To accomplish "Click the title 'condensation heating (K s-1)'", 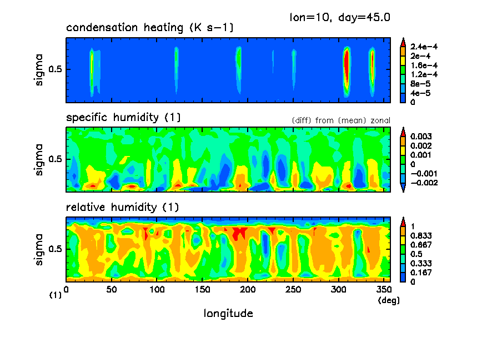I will tap(150, 28).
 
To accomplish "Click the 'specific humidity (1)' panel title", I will tap(123, 118).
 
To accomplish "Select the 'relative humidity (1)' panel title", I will tap(122, 208).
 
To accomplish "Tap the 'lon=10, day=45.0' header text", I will tap(340, 17).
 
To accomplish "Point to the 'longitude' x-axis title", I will tap(228, 314).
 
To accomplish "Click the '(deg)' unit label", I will tap(388, 300).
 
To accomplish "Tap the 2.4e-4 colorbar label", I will tap(424, 47).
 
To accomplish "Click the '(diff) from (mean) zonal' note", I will tap(340, 120).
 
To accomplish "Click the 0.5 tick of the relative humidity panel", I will tap(57, 249).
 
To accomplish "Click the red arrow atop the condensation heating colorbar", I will tap(403, 41).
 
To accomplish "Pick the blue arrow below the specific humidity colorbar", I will tap(403, 189).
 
